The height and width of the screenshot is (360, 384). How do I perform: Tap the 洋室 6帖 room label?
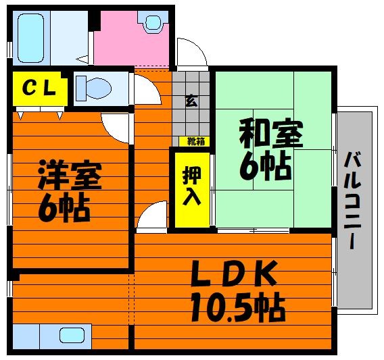(70, 190)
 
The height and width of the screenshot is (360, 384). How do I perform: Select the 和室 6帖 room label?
(270, 149)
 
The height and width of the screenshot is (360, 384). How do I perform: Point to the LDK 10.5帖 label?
(237, 291)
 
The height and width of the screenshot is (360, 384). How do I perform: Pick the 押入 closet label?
(192, 186)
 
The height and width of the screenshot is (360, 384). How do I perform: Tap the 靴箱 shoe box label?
(196, 141)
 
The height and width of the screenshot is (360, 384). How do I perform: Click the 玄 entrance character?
(191, 101)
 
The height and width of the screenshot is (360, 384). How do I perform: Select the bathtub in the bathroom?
(30, 38)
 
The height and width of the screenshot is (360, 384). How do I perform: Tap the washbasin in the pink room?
(153, 22)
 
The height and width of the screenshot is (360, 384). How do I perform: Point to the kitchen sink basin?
(72, 335)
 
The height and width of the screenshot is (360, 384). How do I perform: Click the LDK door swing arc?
(147, 210)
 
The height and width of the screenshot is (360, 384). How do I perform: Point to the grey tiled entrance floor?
(191, 107)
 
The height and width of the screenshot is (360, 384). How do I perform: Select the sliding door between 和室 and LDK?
(254, 230)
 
